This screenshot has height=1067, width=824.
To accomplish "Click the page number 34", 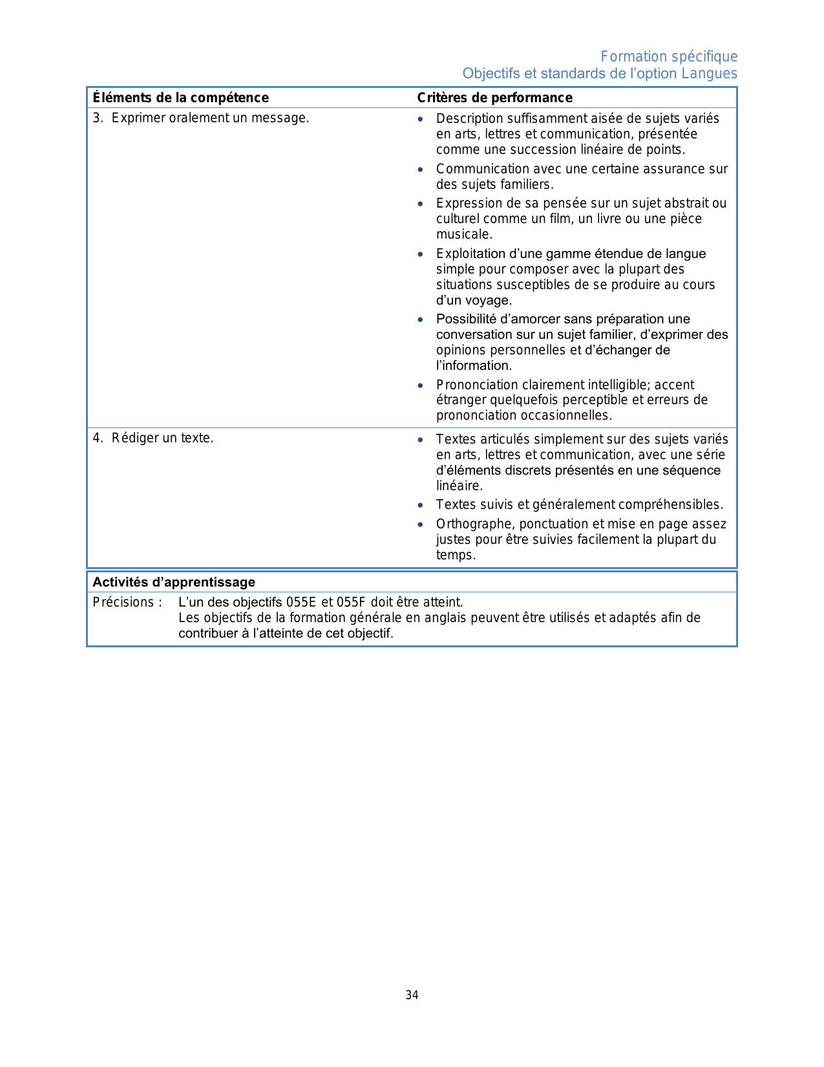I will pos(412,995).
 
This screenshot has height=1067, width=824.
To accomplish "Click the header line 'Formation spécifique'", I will pos(669,57).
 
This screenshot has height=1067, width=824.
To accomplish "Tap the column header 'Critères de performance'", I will pos(494,98).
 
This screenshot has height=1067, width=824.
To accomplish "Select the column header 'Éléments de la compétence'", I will pos(180,98).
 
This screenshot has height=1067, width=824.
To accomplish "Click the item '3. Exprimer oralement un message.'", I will pos(201,118).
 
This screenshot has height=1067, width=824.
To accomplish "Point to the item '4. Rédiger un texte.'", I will pos(153,438).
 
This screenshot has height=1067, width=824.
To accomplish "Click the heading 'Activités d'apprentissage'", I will pos(174,582).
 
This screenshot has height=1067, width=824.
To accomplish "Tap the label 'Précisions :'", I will pos(127,602).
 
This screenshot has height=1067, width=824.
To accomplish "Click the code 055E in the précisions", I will pos(301,602).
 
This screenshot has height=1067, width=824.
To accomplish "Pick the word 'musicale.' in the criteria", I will pos(464,234).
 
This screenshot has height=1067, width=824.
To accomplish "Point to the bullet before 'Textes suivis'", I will pos(421,505).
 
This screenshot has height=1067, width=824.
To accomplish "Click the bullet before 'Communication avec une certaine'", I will pos(421,169).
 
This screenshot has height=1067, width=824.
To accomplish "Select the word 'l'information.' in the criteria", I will pos(474,365).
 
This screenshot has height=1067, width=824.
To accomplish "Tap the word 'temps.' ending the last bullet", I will pos(456,555).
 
